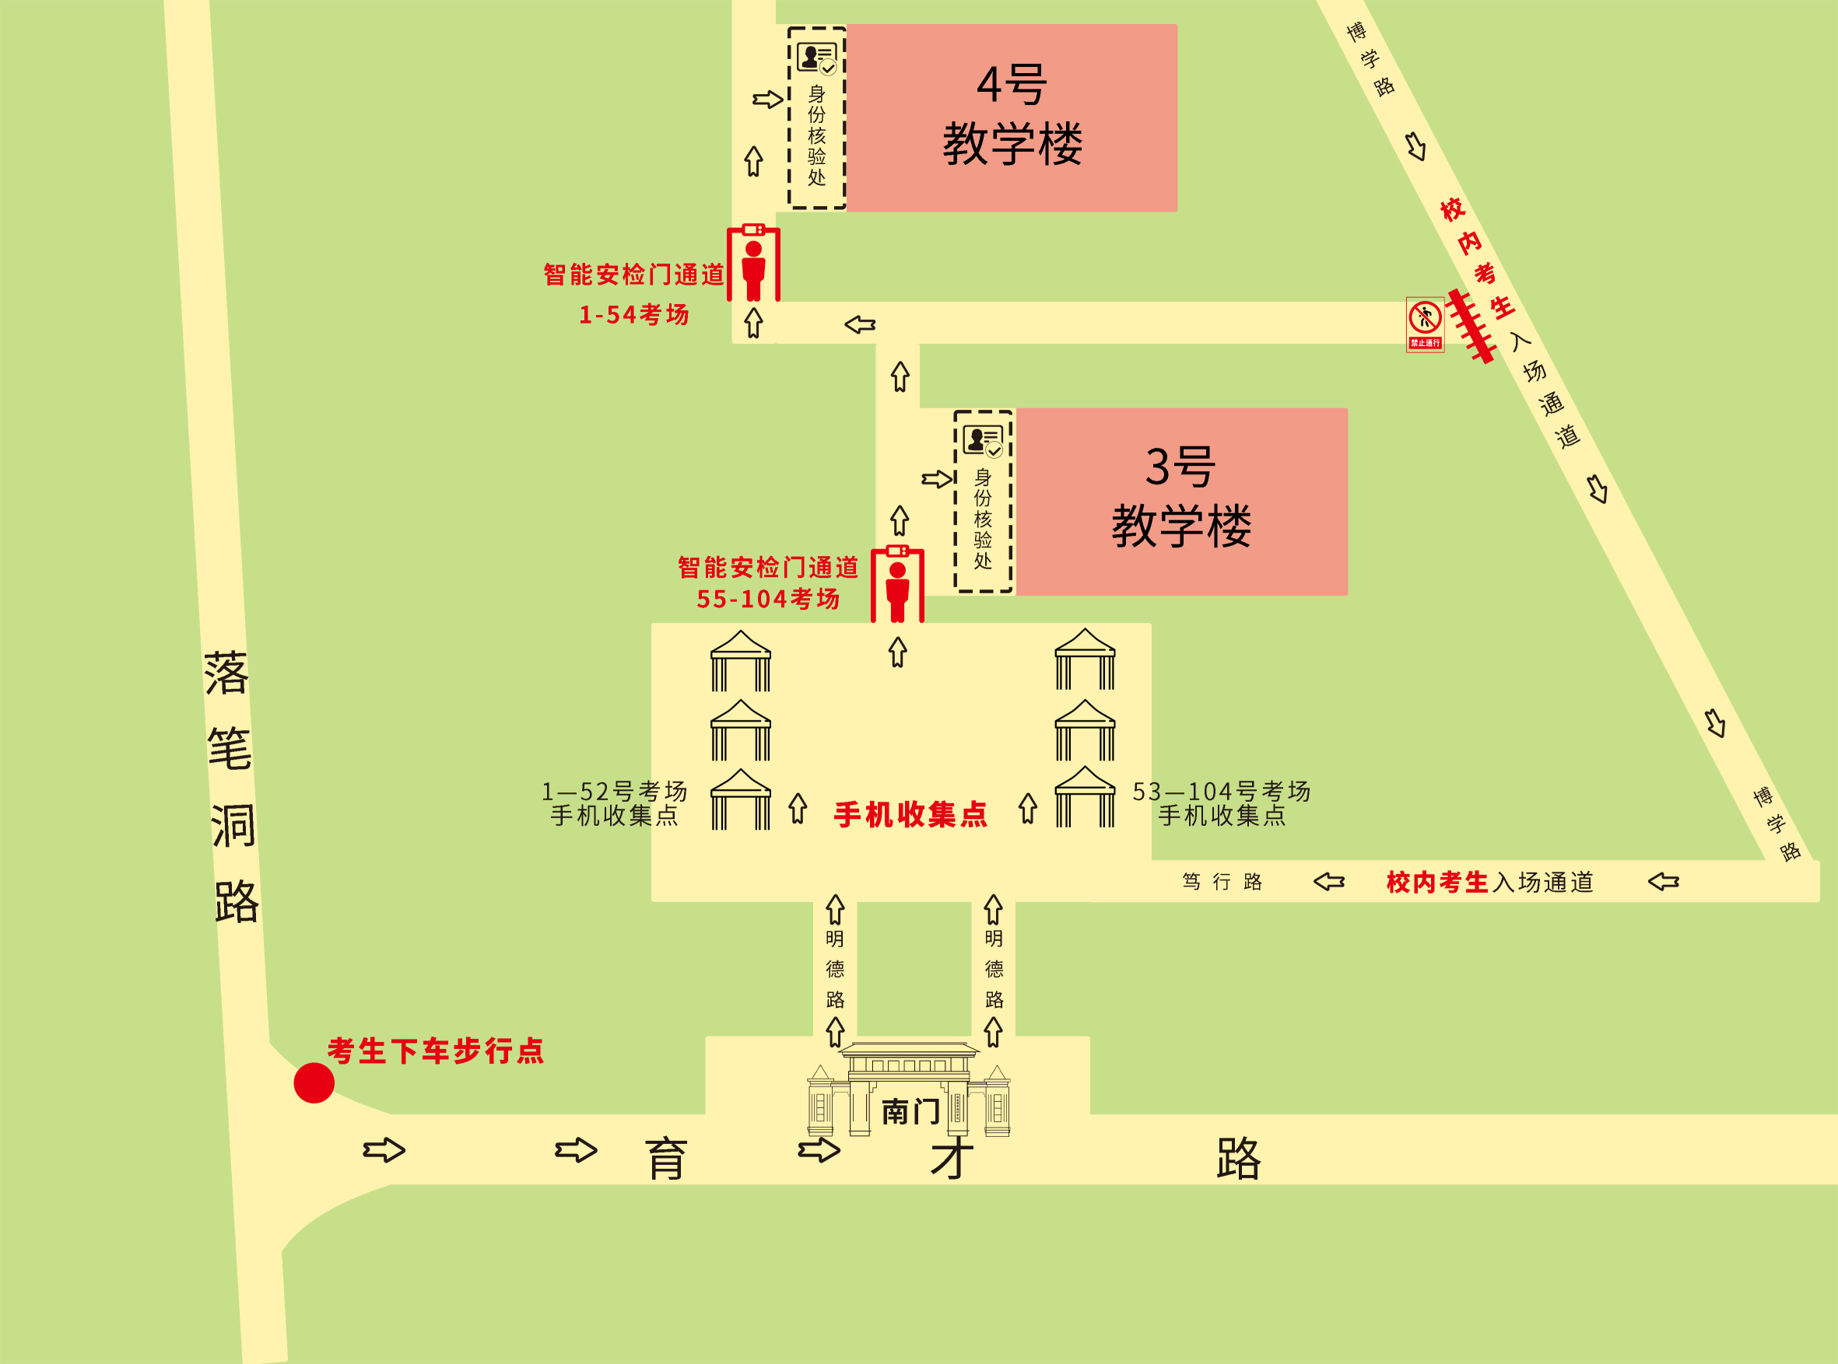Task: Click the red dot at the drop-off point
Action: pos(314,1082)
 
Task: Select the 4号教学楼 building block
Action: pos(1012,118)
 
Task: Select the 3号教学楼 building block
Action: pos(1181,501)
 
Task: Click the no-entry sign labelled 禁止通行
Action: pos(1425,324)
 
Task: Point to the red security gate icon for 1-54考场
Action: pos(753,263)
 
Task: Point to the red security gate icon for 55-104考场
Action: pos(897,584)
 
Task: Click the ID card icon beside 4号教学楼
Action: pos(816,58)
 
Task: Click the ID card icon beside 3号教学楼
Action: pos(982,441)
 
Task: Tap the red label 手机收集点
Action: pos(910,814)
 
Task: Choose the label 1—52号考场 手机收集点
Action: pos(614,803)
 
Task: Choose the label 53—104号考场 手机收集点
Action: pos(1221,803)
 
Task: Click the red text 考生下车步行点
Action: pos(435,1051)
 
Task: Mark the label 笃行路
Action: pos(1222,882)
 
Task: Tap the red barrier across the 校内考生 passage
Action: pos(1471,326)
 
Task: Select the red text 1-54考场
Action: pos(633,315)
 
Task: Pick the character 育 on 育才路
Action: pos(666,1159)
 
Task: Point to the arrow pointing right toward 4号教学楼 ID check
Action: pos(767,100)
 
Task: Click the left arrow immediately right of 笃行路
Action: pos(1329,882)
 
